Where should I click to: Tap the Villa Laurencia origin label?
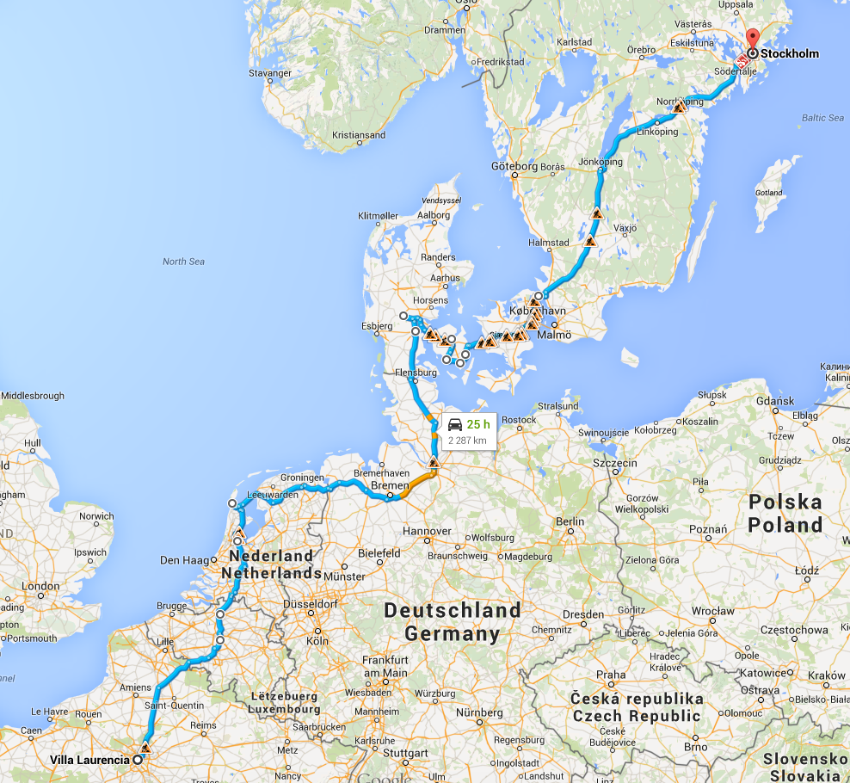click(x=89, y=760)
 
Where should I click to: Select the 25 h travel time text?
click(x=478, y=424)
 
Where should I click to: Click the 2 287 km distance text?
click(x=468, y=441)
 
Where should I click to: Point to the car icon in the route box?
click(x=455, y=424)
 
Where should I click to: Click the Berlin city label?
click(x=570, y=521)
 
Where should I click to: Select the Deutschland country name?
click(x=453, y=611)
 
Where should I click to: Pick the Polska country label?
click(x=785, y=501)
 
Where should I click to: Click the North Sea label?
click(x=183, y=262)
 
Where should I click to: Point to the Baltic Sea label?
click(x=822, y=118)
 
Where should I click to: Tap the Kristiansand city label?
click(x=359, y=135)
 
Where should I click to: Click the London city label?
click(x=40, y=586)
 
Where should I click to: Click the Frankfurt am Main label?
click(x=385, y=666)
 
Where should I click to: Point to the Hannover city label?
click(x=428, y=531)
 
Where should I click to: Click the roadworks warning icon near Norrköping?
click(x=680, y=108)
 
